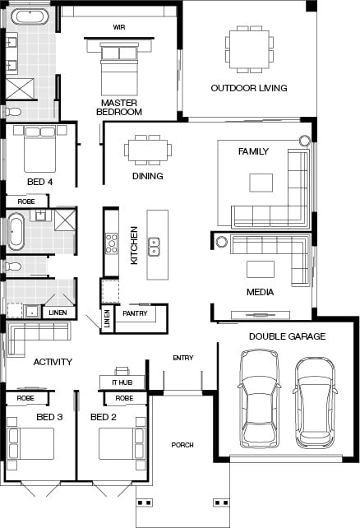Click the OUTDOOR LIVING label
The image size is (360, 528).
pos(248,88)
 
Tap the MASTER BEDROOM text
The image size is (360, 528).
pos(120,107)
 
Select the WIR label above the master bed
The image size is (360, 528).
pos(119,27)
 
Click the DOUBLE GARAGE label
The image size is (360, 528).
pos(287,336)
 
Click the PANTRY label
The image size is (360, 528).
pos(134,314)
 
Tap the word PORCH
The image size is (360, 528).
pos(182,445)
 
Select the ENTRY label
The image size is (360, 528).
pos(182,358)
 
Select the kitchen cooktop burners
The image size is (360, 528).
pos(111,243)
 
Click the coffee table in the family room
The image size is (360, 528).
pos(261,182)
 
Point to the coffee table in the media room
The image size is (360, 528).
pos(261,269)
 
